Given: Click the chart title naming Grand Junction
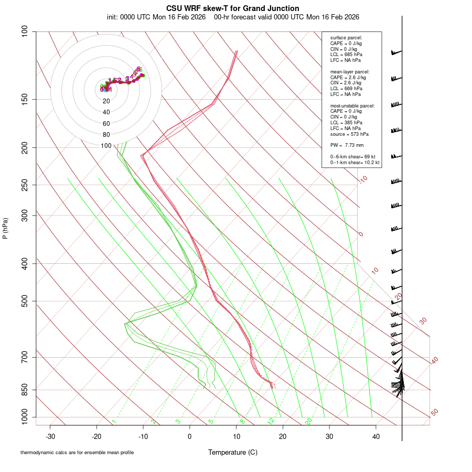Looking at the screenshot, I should coord(233,8).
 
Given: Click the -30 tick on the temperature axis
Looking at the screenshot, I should coord(50,436).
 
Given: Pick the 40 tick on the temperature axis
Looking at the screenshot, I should coord(376,436).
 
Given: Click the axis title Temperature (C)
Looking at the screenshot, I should coord(233,452).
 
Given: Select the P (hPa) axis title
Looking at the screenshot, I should coord(5,229).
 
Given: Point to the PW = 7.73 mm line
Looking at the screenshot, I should coord(347,145).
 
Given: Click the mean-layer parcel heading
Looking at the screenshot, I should coord(350,71).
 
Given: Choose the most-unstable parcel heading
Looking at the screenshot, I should coord(352,105).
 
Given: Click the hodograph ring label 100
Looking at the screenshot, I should coord(106,146).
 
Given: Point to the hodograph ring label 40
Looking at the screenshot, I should coord(106,112).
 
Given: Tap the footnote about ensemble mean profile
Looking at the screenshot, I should coord(77,453).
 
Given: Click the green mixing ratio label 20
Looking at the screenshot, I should coord(309,421).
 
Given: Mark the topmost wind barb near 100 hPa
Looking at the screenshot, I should coord(396,52).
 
